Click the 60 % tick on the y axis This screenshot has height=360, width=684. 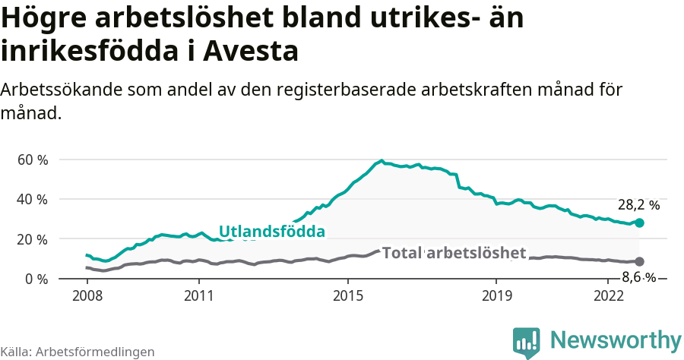tap(33, 160)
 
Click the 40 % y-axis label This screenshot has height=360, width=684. tap(33, 200)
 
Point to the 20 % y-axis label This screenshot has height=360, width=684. tap(33, 239)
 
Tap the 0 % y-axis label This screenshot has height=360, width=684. tap(36, 279)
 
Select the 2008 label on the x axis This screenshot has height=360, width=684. tap(87, 295)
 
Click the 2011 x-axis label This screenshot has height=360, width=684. tap(198, 295)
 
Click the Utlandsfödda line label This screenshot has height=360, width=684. tap(272, 232)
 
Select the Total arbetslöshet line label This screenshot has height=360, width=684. tap(454, 253)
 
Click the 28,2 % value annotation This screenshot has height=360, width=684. tap(638, 205)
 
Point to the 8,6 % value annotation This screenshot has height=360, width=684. tap(638, 277)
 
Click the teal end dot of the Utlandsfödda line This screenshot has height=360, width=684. tap(640, 223)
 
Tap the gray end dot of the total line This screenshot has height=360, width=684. tap(640, 261)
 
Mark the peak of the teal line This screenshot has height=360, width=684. tap(381, 161)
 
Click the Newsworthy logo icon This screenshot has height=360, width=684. tap(527, 342)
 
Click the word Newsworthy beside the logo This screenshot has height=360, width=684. tap(616, 339)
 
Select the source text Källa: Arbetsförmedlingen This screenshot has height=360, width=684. tap(78, 352)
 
